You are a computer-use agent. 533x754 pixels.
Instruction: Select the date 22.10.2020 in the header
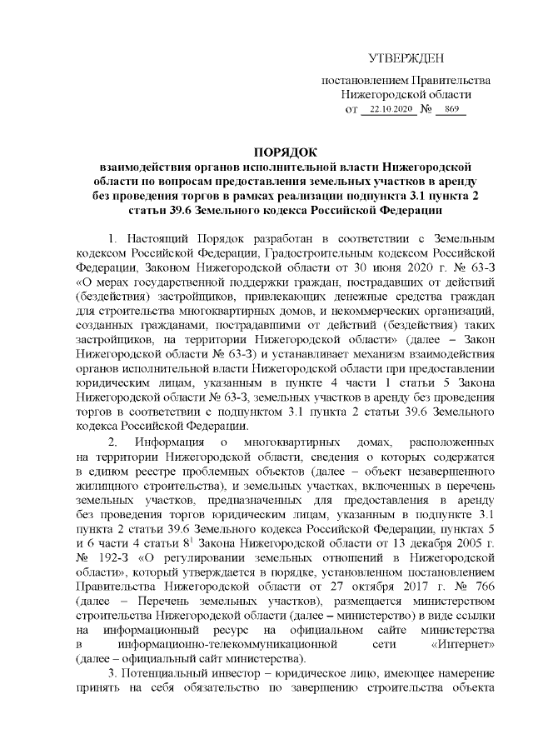[391, 110]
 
